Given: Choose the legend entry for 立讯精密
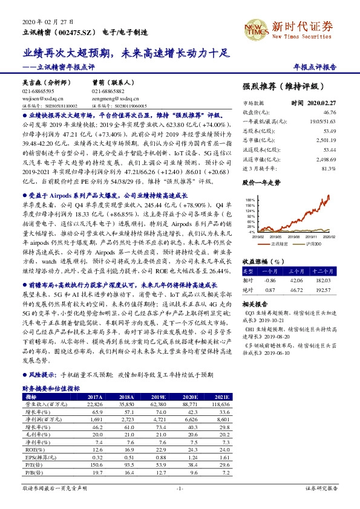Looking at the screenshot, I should (x=280, y=242).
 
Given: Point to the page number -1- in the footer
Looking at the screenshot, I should (x=180, y=488).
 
